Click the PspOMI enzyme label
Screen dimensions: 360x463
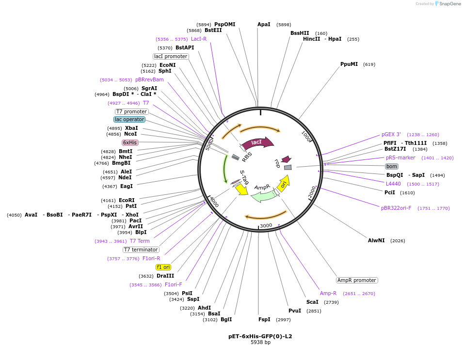click(224, 24)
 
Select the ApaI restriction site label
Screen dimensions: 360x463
click(264, 24)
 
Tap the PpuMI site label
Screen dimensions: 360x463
click(349, 64)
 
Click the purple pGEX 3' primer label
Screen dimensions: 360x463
click(391, 134)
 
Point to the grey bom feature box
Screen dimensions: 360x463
click(392, 166)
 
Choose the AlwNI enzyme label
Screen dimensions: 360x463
click(376, 240)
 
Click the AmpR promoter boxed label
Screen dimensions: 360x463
click(357, 280)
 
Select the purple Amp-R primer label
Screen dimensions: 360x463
click(328, 293)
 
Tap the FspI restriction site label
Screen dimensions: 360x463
click(264, 319)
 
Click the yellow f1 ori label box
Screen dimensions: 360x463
click(163, 267)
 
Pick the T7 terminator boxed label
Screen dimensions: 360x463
click(141, 250)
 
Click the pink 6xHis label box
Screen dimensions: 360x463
click(130, 142)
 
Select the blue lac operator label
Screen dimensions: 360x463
click(129, 119)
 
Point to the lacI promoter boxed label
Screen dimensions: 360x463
click(171, 56)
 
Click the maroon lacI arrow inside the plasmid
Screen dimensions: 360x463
click(257, 142)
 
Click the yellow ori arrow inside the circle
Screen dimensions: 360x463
click(284, 183)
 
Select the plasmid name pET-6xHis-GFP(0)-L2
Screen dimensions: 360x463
click(260, 336)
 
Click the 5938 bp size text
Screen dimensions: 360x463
click(260, 342)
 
